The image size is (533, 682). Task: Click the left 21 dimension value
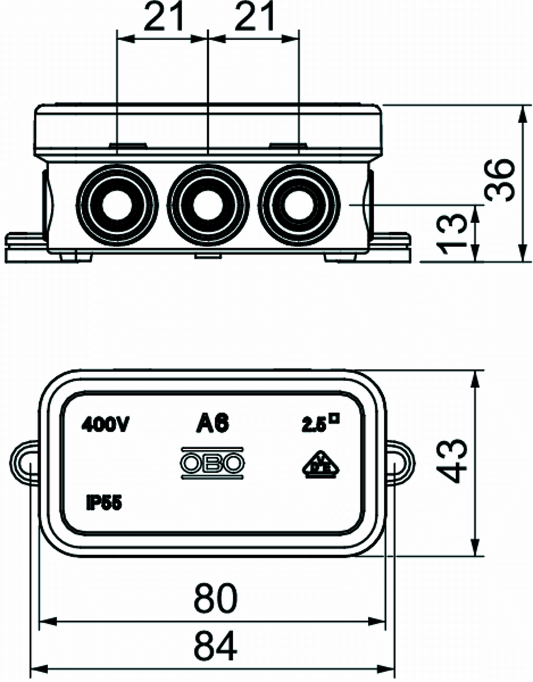pyautogui.click(x=164, y=18)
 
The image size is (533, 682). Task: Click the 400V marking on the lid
pyautogui.click(x=106, y=424)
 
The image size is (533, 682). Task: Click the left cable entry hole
pyautogui.click(x=118, y=205)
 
